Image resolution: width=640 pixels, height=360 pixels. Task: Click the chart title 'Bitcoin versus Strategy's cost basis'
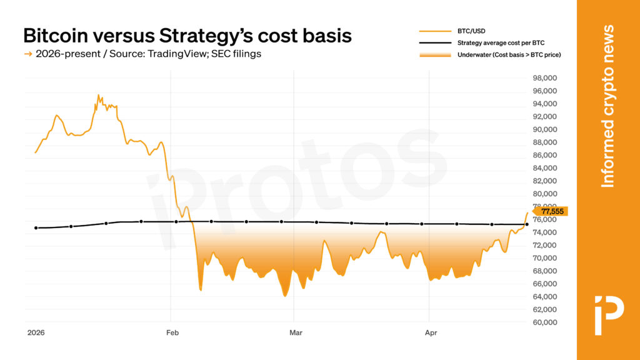187,35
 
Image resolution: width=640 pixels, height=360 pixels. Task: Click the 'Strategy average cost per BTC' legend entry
501,42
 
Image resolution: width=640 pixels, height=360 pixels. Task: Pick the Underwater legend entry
509,55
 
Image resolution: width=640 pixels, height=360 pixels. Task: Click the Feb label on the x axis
173,332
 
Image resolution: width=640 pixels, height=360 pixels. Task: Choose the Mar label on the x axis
296,332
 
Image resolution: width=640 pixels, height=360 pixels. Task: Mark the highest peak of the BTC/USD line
98,95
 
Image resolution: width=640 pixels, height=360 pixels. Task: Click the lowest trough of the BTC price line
285,296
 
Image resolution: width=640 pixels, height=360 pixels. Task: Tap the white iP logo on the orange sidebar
608,307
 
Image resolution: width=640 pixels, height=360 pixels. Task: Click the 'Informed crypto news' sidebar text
607,106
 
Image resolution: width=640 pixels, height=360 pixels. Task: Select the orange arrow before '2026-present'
27,54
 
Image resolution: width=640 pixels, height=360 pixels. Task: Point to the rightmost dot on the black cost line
526,224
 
